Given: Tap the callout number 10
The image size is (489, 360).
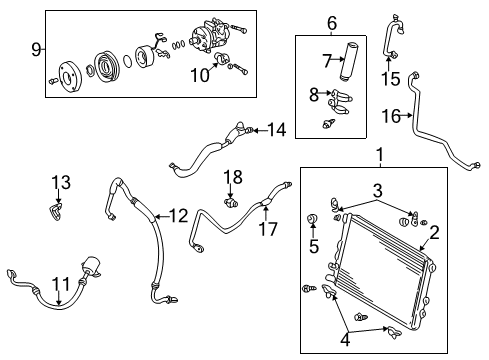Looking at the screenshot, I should pos(200,74).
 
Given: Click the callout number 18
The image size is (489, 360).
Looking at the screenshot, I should pos(232,177).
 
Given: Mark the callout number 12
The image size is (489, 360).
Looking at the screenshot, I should pos(178,216).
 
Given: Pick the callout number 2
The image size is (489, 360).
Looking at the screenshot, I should pos(435,233).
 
